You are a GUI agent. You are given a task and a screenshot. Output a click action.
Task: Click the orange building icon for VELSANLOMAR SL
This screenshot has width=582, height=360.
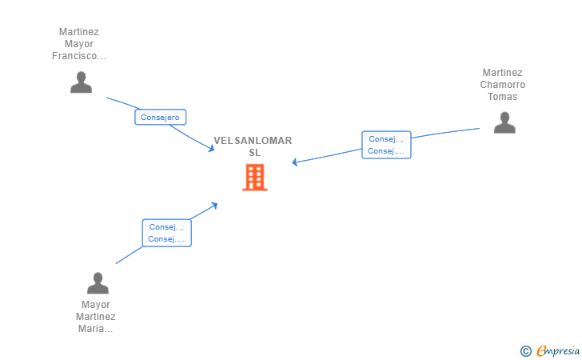(254, 177)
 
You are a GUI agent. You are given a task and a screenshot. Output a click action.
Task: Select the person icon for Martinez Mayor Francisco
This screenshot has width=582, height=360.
(81, 82)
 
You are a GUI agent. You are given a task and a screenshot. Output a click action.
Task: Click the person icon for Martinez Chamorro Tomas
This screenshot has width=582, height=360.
(504, 122)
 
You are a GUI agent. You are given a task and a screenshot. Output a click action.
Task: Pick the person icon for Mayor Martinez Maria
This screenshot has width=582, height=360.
(98, 283)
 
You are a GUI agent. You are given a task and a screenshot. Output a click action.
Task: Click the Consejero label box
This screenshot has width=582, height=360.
(160, 118)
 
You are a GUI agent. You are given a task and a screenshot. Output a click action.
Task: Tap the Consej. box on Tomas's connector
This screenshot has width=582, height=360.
(386, 145)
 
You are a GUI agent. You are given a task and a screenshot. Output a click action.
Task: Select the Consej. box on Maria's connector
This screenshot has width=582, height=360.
(166, 233)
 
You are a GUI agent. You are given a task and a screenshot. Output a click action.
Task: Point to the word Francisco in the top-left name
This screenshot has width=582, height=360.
(78, 56)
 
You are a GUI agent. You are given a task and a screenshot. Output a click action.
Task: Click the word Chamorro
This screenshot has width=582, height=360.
(503, 85)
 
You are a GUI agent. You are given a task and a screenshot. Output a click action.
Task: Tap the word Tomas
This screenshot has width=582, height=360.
(503, 97)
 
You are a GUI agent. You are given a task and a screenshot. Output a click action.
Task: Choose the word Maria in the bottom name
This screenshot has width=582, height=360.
(96, 329)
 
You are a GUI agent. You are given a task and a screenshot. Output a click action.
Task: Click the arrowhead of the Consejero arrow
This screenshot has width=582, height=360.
(212, 148)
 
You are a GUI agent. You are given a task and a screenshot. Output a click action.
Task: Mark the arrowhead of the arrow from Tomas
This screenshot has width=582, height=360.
(294, 162)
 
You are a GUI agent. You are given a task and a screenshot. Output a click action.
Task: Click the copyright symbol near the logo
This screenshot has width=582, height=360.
(525, 350)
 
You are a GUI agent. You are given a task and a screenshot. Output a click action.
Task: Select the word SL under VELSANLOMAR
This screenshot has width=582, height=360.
(254, 153)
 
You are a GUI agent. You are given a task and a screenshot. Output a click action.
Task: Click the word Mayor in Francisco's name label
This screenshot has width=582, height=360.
(79, 44)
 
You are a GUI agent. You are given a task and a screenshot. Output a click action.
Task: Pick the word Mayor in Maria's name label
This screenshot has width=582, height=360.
(96, 305)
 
